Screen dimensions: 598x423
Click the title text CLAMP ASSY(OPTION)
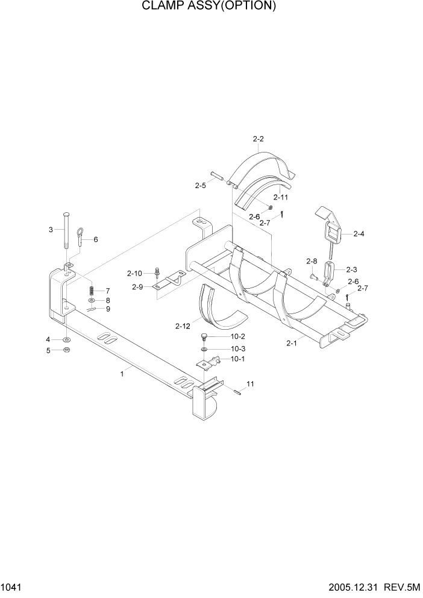click(210, 7)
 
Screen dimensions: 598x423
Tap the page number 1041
click(13, 587)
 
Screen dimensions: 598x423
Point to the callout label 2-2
click(258, 139)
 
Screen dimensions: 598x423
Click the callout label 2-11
click(281, 197)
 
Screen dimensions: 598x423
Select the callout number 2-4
click(359, 233)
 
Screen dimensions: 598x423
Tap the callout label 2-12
click(183, 326)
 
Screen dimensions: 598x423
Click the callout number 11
click(251, 384)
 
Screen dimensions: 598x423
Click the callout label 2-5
click(201, 186)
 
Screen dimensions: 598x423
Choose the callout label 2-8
click(312, 261)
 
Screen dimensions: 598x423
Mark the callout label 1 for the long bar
click(122, 374)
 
